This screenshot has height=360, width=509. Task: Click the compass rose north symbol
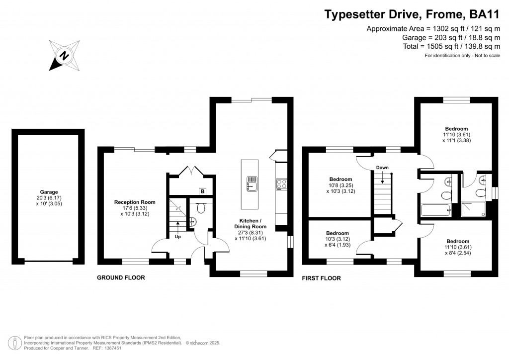pyautogui.click(x=64, y=55)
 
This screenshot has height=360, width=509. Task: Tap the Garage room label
pyautogui.click(x=49, y=197)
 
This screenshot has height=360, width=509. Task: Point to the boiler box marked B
pyautogui.click(x=202, y=191)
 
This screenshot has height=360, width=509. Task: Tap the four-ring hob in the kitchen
pyautogui.click(x=281, y=184)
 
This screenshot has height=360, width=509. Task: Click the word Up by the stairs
pyautogui.click(x=177, y=237)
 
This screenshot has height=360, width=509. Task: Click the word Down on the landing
pyautogui.click(x=382, y=168)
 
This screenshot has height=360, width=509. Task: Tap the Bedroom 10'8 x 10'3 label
pyautogui.click(x=340, y=185)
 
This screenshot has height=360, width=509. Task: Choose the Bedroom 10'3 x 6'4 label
pyautogui.click(x=337, y=239)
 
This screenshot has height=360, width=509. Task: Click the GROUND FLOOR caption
pyautogui.click(x=121, y=278)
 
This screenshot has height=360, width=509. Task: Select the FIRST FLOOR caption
pyautogui.click(x=322, y=278)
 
